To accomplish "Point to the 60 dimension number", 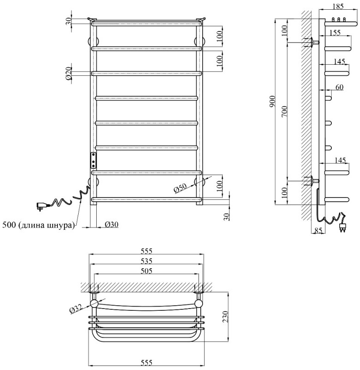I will [x=339, y=87].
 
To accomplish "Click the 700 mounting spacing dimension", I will [x=285, y=111].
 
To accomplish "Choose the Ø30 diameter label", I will [x=110, y=225].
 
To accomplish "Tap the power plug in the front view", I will [x=41, y=206].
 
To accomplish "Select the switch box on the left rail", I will [x=94, y=160].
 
